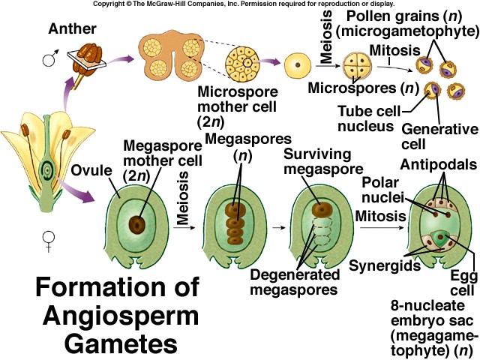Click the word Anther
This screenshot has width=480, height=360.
point(74,30)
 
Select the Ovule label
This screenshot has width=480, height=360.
point(91,169)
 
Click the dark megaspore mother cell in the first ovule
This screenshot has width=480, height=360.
point(137,223)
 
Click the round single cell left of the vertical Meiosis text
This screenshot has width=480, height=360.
point(298,68)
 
